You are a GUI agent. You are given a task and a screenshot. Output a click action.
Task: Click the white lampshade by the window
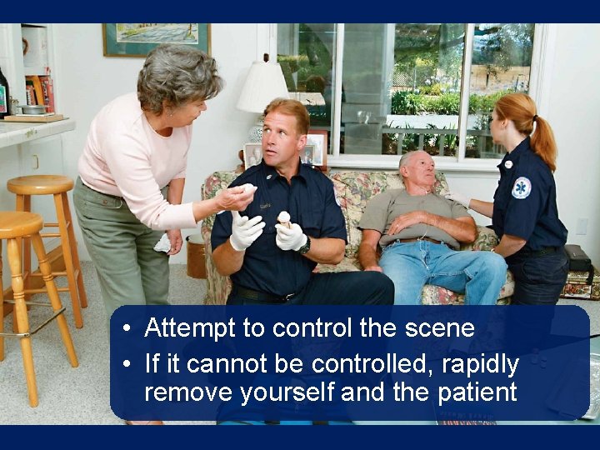(x=261, y=87)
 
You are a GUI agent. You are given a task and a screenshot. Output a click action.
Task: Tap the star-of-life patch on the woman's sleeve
(x=521, y=187)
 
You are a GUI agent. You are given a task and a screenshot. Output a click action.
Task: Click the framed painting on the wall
(x=156, y=38)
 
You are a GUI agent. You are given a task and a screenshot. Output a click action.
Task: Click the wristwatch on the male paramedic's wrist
(x=306, y=246)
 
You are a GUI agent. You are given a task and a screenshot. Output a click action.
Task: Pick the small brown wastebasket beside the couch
(x=197, y=257)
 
